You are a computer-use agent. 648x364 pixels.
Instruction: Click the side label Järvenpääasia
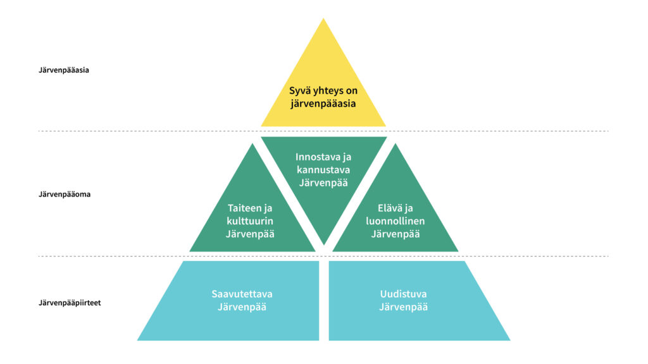point(64,70)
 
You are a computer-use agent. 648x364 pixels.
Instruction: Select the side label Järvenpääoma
point(65,195)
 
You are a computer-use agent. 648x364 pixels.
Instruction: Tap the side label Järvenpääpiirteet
point(70,303)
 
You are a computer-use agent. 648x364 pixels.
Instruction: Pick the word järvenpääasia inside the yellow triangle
point(323,103)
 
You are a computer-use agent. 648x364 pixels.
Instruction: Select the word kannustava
point(323,170)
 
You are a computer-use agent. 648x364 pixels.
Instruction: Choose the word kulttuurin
point(251,221)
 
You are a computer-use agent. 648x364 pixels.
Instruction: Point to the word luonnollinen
point(396,221)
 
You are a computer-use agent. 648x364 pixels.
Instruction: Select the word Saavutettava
point(242,294)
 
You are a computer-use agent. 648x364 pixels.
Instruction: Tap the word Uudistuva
point(404,294)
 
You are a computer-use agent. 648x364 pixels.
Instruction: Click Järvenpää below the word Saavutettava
point(242,308)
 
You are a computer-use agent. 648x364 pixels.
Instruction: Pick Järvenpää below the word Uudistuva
point(404,308)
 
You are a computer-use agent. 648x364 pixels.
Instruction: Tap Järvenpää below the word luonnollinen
point(396,234)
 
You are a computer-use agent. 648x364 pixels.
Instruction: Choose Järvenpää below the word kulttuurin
point(251,234)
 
